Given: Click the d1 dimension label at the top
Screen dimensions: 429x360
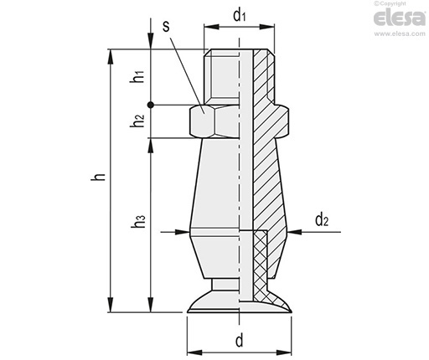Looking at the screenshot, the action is (240, 16).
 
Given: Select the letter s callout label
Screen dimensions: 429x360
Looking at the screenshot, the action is (166, 27).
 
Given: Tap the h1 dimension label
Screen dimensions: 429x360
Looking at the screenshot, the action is (137, 76).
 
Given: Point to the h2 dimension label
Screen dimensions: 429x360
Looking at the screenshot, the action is (137, 121).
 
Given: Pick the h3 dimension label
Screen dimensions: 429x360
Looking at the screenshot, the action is (138, 221).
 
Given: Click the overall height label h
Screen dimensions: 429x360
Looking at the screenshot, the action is (98, 177).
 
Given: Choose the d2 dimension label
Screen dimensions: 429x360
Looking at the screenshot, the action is (322, 219).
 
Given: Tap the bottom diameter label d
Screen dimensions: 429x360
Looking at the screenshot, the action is (240, 341).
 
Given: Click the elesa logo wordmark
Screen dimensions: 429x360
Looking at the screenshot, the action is (400, 18).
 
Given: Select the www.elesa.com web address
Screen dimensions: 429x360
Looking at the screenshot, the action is (400, 33).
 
